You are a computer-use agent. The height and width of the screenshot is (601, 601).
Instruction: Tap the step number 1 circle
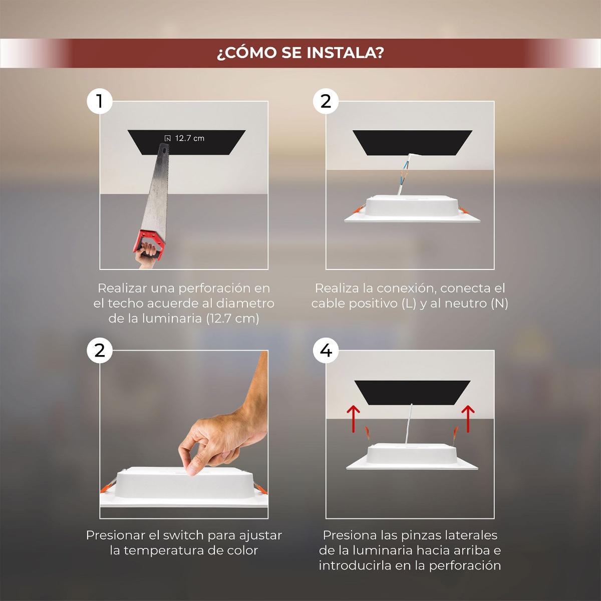100,101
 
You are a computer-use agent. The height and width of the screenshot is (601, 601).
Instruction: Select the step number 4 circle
326,351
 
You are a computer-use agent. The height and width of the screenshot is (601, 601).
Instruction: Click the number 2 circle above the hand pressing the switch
100,351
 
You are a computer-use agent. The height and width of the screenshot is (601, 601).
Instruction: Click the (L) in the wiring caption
409,303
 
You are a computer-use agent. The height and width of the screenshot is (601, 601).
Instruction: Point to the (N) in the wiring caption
499,303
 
